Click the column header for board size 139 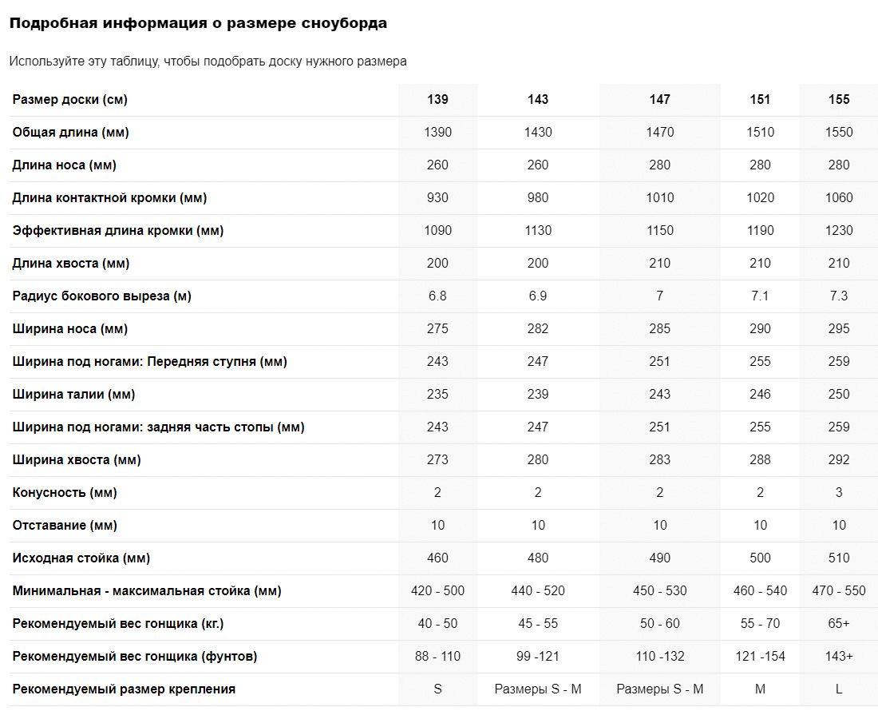click(x=437, y=100)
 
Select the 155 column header click(x=839, y=100)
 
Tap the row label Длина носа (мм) click(x=65, y=165)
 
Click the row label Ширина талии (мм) click(x=73, y=395)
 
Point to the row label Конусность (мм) click(x=65, y=493)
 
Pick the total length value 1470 click(x=659, y=133)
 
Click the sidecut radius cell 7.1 click(x=760, y=296)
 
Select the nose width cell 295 click(x=839, y=329)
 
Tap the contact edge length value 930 click(x=437, y=198)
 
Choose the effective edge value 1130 click(x=538, y=231)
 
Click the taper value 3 click(x=839, y=493)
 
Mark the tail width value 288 click(x=760, y=460)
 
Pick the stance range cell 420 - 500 click(x=437, y=591)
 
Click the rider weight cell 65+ click(x=839, y=624)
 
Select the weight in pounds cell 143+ click(x=839, y=657)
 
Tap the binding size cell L click(x=839, y=689)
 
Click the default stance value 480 click(x=538, y=558)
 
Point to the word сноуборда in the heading click(x=345, y=24)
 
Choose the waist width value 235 click(x=437, y=395)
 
